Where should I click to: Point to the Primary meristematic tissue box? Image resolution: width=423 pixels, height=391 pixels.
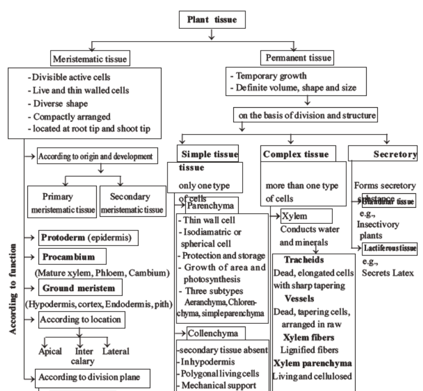point(61,203)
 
